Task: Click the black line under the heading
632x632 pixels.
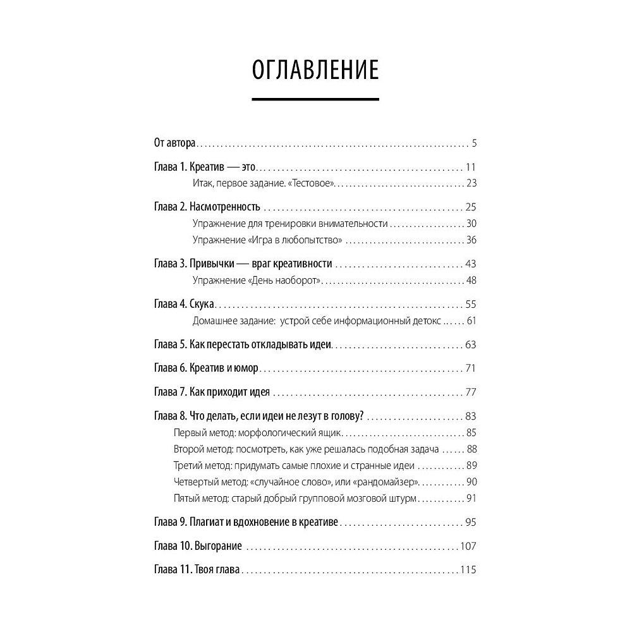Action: (x=315, y=99)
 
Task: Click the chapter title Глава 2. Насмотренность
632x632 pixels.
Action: (x=207, y=207)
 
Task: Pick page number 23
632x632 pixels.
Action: (x=471, y=184)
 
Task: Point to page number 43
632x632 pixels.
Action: (x=470, y=264)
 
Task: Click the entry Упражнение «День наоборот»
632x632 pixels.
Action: (x=257, y=281)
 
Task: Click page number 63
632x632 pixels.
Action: (x=470, y=345)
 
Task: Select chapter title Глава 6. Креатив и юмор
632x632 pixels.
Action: (x=207, y=368)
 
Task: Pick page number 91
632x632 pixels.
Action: (x=470, y=499)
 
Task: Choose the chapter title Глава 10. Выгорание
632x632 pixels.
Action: (x=198, y=546)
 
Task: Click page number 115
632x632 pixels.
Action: (x=468, y=570)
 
